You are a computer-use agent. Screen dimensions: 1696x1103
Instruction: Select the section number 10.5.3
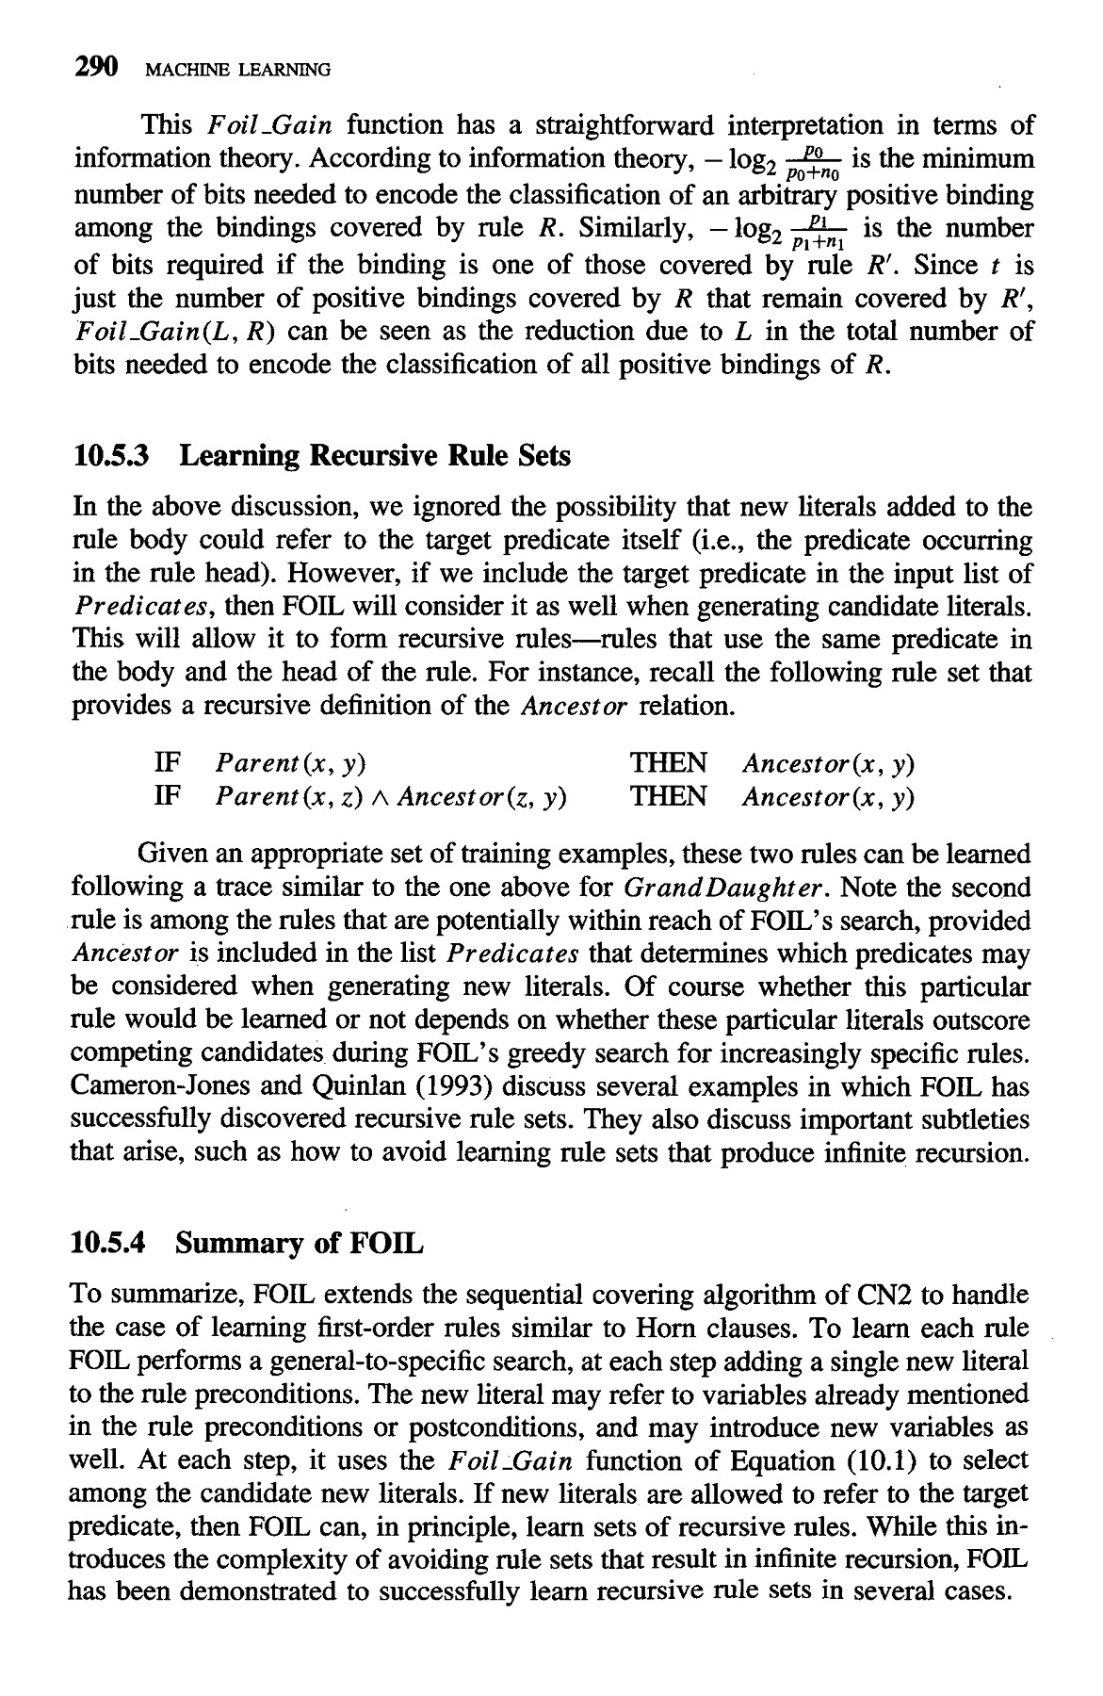click(x=113, y=457)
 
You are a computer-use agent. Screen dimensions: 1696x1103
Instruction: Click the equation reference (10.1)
click(x=891, y=1460)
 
